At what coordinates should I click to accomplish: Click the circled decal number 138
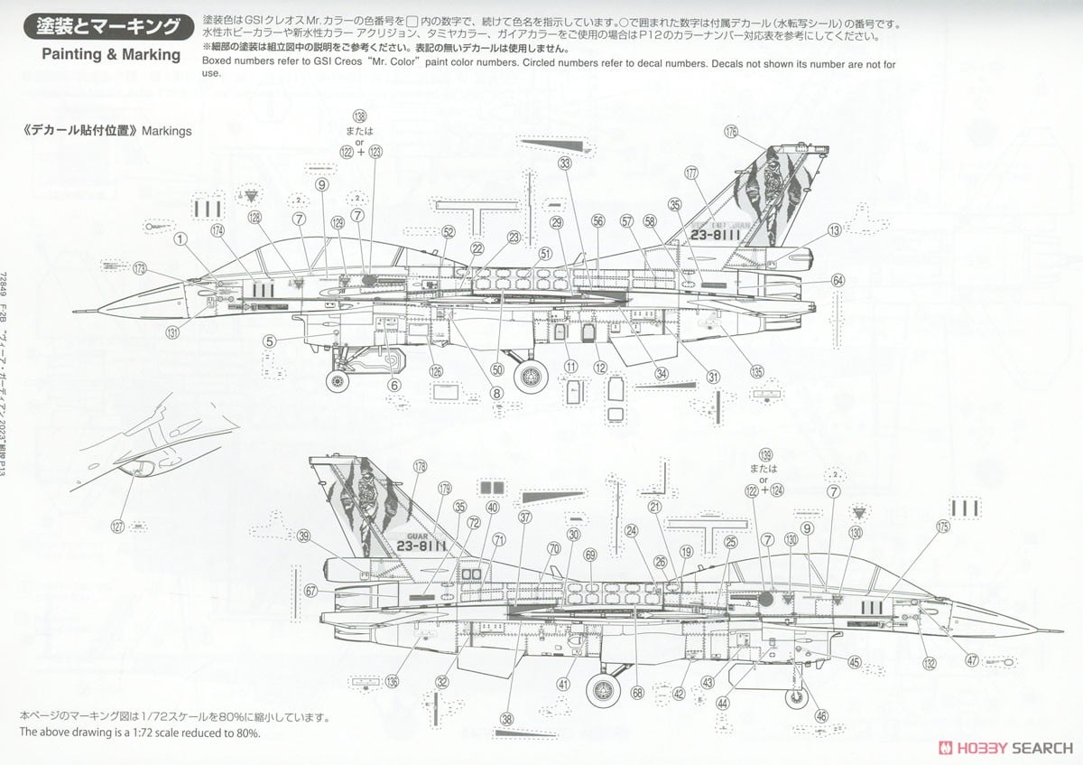[360, 117]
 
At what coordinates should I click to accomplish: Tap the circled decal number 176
[730, 132]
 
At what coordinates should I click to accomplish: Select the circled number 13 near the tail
[834, 230]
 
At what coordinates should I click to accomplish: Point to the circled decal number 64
[838, 281]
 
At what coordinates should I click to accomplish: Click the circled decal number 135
[755, 371]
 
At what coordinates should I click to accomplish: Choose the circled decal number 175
[942, 526]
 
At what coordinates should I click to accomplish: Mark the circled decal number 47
[971, 660]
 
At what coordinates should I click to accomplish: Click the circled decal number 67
[310, 592]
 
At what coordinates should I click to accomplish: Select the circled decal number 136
[391, 682]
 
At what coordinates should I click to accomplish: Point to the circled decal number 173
[139, 268]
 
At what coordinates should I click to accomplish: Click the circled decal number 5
[269, 341]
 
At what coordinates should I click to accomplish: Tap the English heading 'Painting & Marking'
[111, 54]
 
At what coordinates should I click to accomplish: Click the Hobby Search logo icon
[946, 747]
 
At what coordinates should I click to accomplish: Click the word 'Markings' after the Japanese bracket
[166, 130]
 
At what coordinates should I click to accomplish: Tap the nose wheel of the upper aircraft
[339, 381]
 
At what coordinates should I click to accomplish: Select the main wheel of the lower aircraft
[603, 691]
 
